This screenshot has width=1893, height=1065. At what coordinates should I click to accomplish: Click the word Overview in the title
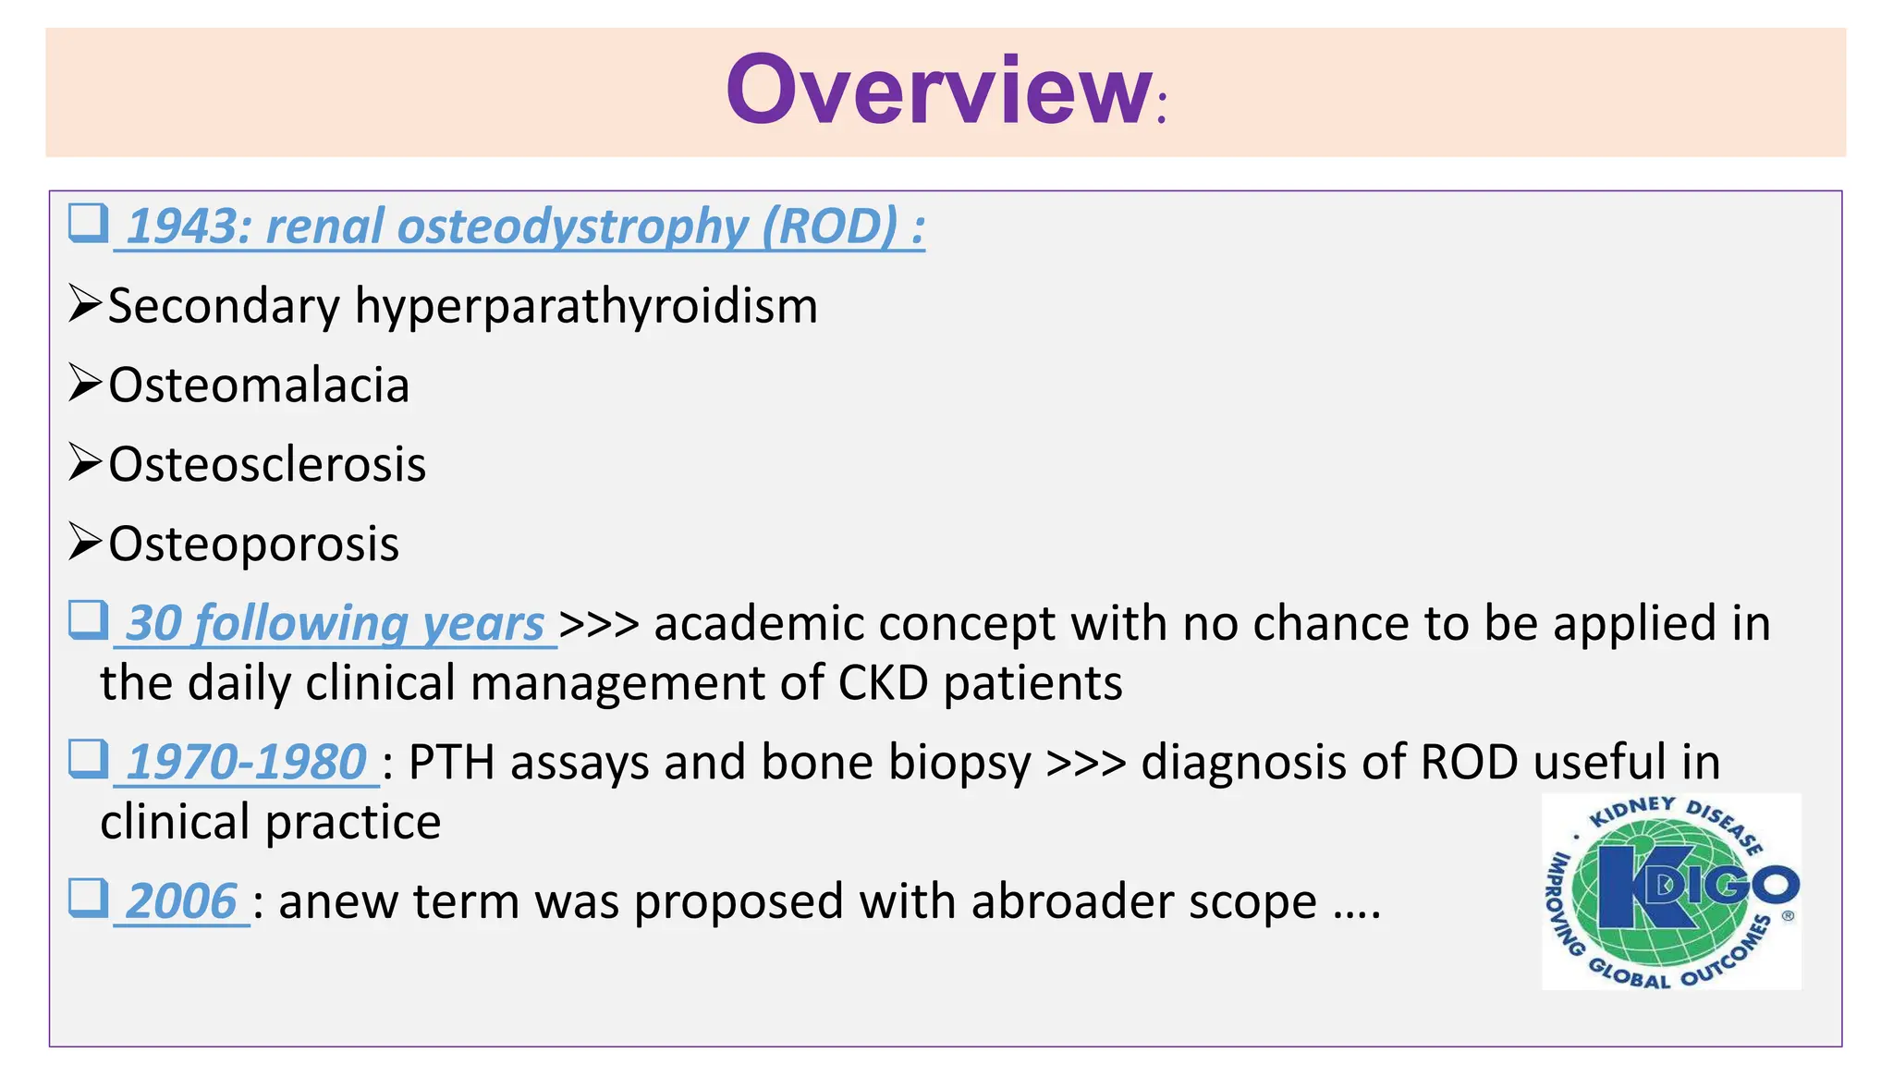click(937, 91)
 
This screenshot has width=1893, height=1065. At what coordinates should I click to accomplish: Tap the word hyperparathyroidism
click(586, 306)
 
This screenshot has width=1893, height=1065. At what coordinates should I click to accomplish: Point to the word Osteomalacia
click(259, 386)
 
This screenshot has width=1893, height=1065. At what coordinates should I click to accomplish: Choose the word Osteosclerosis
click(267, 464)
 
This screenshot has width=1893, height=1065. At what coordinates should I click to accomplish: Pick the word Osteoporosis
click(254, 544)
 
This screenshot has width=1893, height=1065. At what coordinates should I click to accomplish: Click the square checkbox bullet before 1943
click(88, 224)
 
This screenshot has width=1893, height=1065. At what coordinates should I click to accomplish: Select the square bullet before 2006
click(88, 898)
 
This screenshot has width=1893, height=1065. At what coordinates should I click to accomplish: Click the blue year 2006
click(181, 901)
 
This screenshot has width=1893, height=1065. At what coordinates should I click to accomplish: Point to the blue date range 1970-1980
click(246, 763)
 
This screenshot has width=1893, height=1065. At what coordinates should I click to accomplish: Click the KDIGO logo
click(1671, 891)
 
